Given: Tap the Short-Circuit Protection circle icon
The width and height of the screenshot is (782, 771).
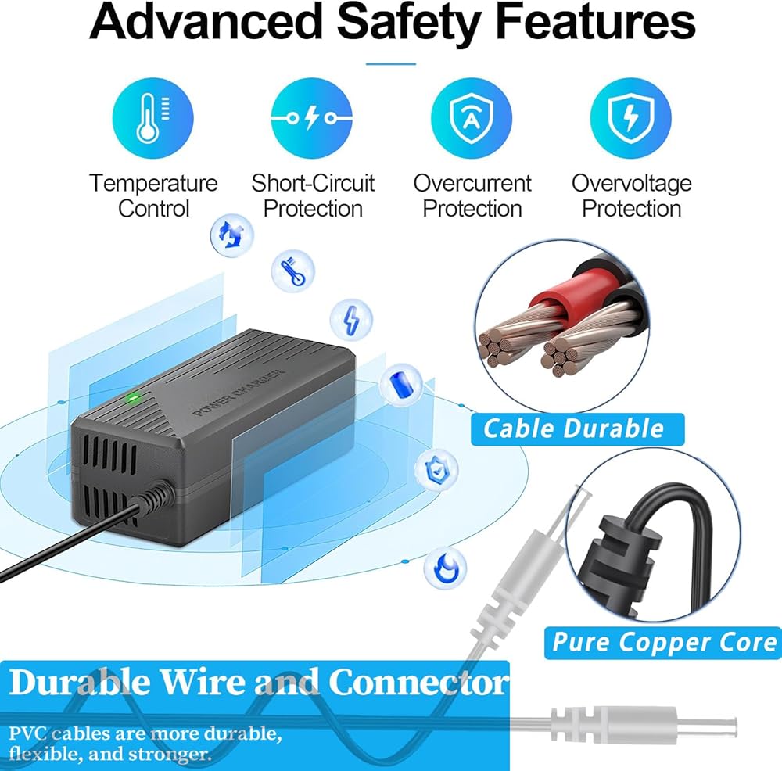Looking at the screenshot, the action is pyautogui.click(x=311, y=117).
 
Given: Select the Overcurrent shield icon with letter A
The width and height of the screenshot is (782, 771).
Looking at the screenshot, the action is pyautogui.click(x=472, y=117).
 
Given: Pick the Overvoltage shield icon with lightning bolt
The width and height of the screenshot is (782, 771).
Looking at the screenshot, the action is pyautogui.click(x=630, y=117).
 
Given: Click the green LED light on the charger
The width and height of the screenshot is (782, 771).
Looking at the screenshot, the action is pyautogui.click(x=134, y=396).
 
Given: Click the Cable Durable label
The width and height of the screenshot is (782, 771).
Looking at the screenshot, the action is pyautogui.click(x=573, y=429).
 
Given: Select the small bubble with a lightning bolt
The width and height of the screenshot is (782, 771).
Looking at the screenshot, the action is pyautogui.click(x=350, y=319).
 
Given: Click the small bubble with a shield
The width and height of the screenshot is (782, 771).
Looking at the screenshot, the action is pyautogui.click(x=432, y=469).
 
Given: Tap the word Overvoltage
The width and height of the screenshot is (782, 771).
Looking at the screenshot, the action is pyautogui.click(x=631, y=184).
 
